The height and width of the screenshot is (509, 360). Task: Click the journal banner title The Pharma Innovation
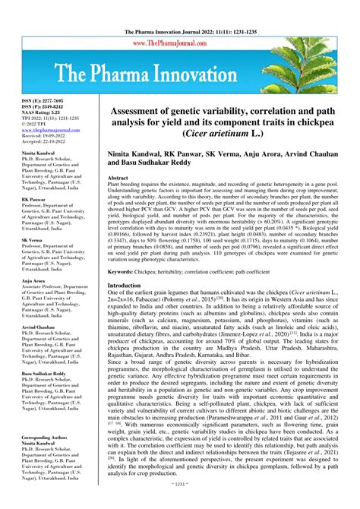(x=180, y=75)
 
